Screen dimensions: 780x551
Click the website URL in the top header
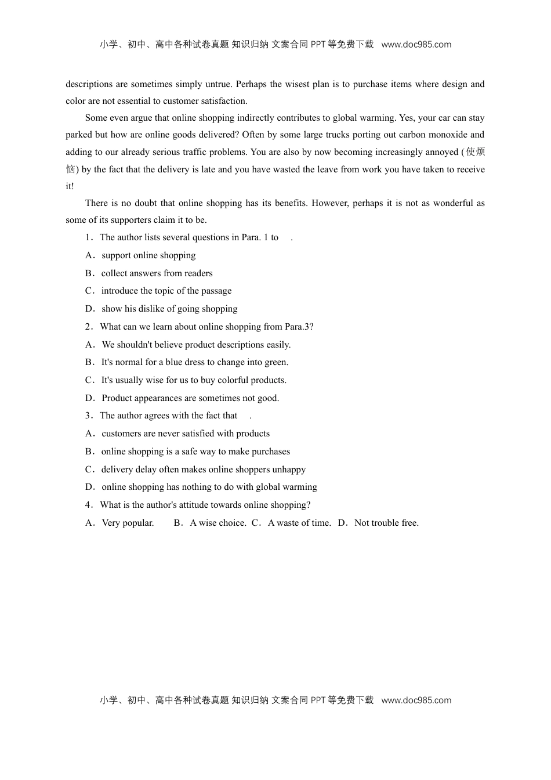416,45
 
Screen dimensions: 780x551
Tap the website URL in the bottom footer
416,700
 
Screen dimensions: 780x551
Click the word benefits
284,203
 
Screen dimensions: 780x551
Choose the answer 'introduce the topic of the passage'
166,291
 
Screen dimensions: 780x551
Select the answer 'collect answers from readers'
157,273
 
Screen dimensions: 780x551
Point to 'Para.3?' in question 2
299,327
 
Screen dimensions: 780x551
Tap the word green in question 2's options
275,362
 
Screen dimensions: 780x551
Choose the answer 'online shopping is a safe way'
195,452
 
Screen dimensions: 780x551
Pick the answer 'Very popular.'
128,523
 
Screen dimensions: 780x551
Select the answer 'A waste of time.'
299,523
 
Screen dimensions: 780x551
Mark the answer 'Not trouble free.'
386,523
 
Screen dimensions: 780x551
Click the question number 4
89,505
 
